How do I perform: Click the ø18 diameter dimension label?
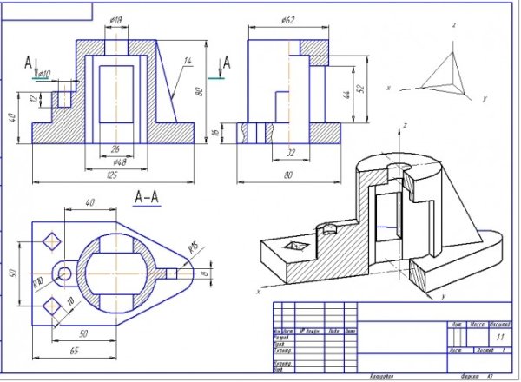(x=115, y=19)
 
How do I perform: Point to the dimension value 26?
(x=115, y=148)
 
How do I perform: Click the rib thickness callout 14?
(x=187, y=60)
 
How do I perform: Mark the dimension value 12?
(x=34, y=99)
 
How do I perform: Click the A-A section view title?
(x=147, y=197)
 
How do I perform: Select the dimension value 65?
(x=76, y=349)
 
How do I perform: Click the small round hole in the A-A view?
(x=65, y=273)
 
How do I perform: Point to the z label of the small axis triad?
(x=453, y=26)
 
